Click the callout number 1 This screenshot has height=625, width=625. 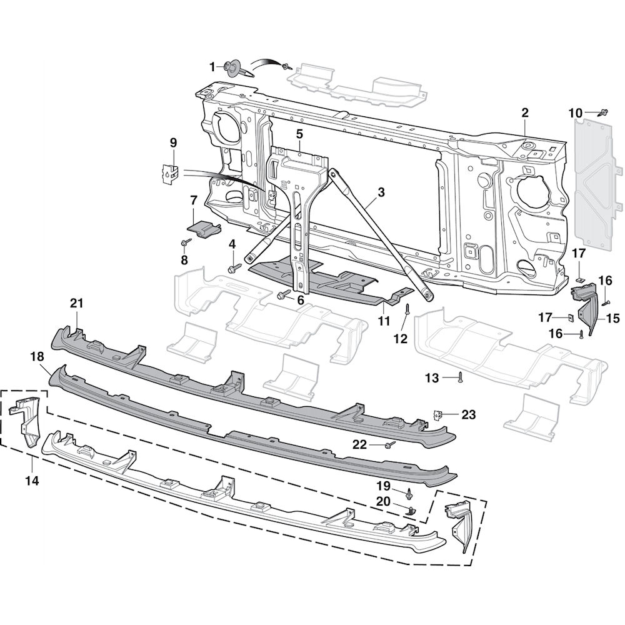click(212, 66)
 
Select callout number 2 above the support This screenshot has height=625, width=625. click(525, 112)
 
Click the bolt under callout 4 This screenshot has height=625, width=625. click(234, 267)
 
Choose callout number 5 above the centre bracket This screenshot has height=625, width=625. click(299, 134)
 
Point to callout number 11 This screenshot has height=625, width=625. click(383, 321)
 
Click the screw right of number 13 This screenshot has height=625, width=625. click(461, 376)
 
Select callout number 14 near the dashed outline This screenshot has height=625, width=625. click(31, 481)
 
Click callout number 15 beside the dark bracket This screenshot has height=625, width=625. click(612, 319)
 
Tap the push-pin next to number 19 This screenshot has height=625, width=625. click(408, 494)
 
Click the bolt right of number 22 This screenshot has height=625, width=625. click(391, 444)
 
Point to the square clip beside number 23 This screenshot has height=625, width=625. click(440, 414)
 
